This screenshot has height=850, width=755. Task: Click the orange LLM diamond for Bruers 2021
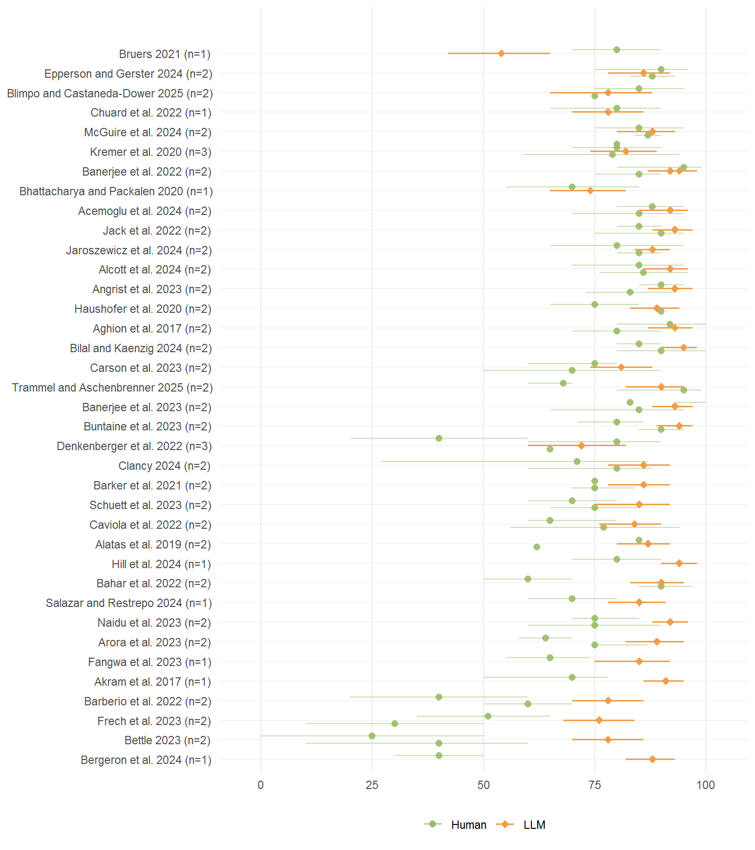point(501,53)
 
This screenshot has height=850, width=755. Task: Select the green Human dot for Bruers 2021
point(617,50)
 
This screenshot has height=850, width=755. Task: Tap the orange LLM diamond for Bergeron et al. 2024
point(652,759)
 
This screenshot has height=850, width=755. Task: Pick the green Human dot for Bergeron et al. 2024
point(439,756)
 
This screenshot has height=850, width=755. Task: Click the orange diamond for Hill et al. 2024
point(679,563)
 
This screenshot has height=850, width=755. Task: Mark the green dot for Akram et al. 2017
point(572,677)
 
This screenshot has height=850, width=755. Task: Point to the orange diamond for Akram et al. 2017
point(666,681)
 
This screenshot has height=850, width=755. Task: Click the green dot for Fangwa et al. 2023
point(550,658)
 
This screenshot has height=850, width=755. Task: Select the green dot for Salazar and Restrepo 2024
point(572,599)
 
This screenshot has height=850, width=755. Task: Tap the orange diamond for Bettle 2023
point(608,739)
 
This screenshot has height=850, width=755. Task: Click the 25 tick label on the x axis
point(372,785)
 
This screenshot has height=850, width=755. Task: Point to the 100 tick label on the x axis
point(706,785)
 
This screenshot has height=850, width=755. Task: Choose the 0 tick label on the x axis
point(261,785)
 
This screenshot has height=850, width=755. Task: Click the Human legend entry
point(468,825)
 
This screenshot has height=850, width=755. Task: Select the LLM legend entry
point(534,825)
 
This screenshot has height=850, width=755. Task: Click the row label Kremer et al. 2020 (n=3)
point(150,152)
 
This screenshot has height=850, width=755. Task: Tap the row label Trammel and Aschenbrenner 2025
point(112,388)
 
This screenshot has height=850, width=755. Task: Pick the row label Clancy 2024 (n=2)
point(164,466)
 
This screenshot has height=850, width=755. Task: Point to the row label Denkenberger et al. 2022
point(134,446)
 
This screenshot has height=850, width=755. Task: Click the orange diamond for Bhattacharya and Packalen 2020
point(590,190)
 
